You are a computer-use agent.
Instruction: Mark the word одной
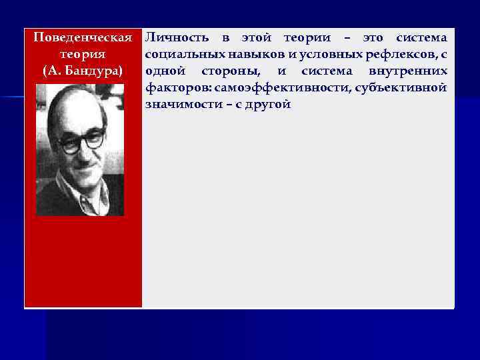coord(165,70)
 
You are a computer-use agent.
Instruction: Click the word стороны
coord(226,70)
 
